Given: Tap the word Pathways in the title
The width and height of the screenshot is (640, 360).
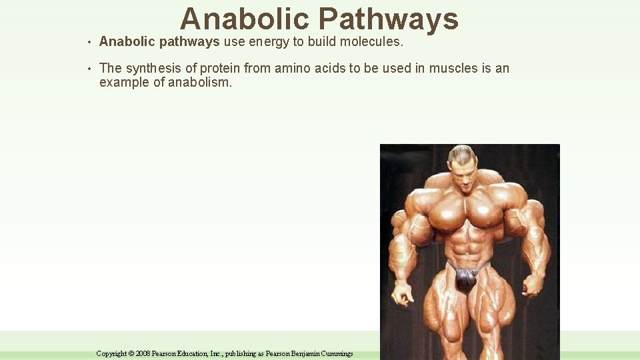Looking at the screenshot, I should (x=393, y=19).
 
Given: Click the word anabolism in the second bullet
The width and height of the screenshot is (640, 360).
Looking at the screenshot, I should (x=199, y=83).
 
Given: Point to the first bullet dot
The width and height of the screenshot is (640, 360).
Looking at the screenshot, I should (x=89, y=43).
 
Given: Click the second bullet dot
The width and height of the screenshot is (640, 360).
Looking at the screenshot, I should (x=89, y=69).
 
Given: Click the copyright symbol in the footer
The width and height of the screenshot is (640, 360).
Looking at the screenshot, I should (x=131, y=353).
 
